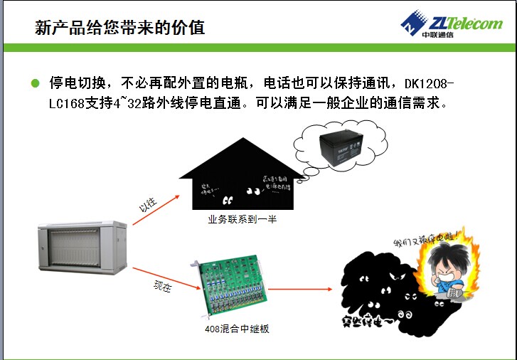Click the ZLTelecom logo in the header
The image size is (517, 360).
pyautogui.click(x=452, y=23)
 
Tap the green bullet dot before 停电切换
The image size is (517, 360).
pyautogui.click(x=35, y=83)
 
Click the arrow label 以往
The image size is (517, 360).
pyautogui.click(x=147, y=206)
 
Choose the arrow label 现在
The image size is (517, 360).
pyautogui.click(x=163, y=287)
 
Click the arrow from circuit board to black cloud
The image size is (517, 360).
pyautogui.click(x=300, y=289)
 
